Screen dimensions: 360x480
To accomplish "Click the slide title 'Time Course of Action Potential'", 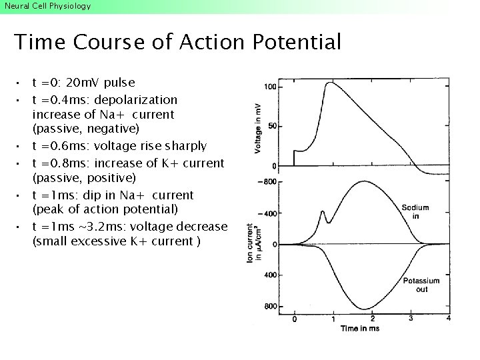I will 177,43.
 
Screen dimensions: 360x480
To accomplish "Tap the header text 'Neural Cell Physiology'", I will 47,6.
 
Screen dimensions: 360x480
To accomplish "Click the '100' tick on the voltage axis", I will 271,87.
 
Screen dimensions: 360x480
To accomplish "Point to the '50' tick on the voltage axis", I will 273,126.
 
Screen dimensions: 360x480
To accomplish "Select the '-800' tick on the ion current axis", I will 267,182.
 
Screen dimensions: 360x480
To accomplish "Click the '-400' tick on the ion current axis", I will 267,213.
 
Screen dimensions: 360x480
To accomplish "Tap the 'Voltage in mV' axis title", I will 257,128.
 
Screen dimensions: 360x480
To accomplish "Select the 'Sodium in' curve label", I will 415,211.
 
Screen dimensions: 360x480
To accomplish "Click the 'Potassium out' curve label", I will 421,285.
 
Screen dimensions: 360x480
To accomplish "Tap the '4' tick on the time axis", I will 448,319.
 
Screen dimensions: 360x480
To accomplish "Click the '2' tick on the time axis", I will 372,319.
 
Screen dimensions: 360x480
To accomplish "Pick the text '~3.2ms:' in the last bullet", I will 101,227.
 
